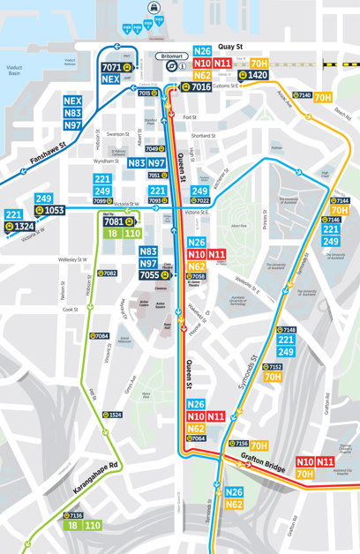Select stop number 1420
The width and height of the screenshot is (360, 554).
(258, 76)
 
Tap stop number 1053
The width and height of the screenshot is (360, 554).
(54, 210)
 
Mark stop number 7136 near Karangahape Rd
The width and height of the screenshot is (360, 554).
(76, 515)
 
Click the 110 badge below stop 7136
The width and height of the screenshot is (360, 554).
(92, 526)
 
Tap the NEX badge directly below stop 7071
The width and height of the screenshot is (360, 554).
(109, 79)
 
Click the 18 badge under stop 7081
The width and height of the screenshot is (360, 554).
(111, 234)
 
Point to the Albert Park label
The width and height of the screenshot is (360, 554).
(237, 226)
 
